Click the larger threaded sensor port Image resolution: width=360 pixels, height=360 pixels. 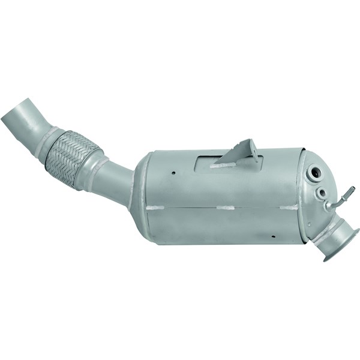[x=313, y=175]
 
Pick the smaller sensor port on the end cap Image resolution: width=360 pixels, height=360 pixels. [x=322, y=193]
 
